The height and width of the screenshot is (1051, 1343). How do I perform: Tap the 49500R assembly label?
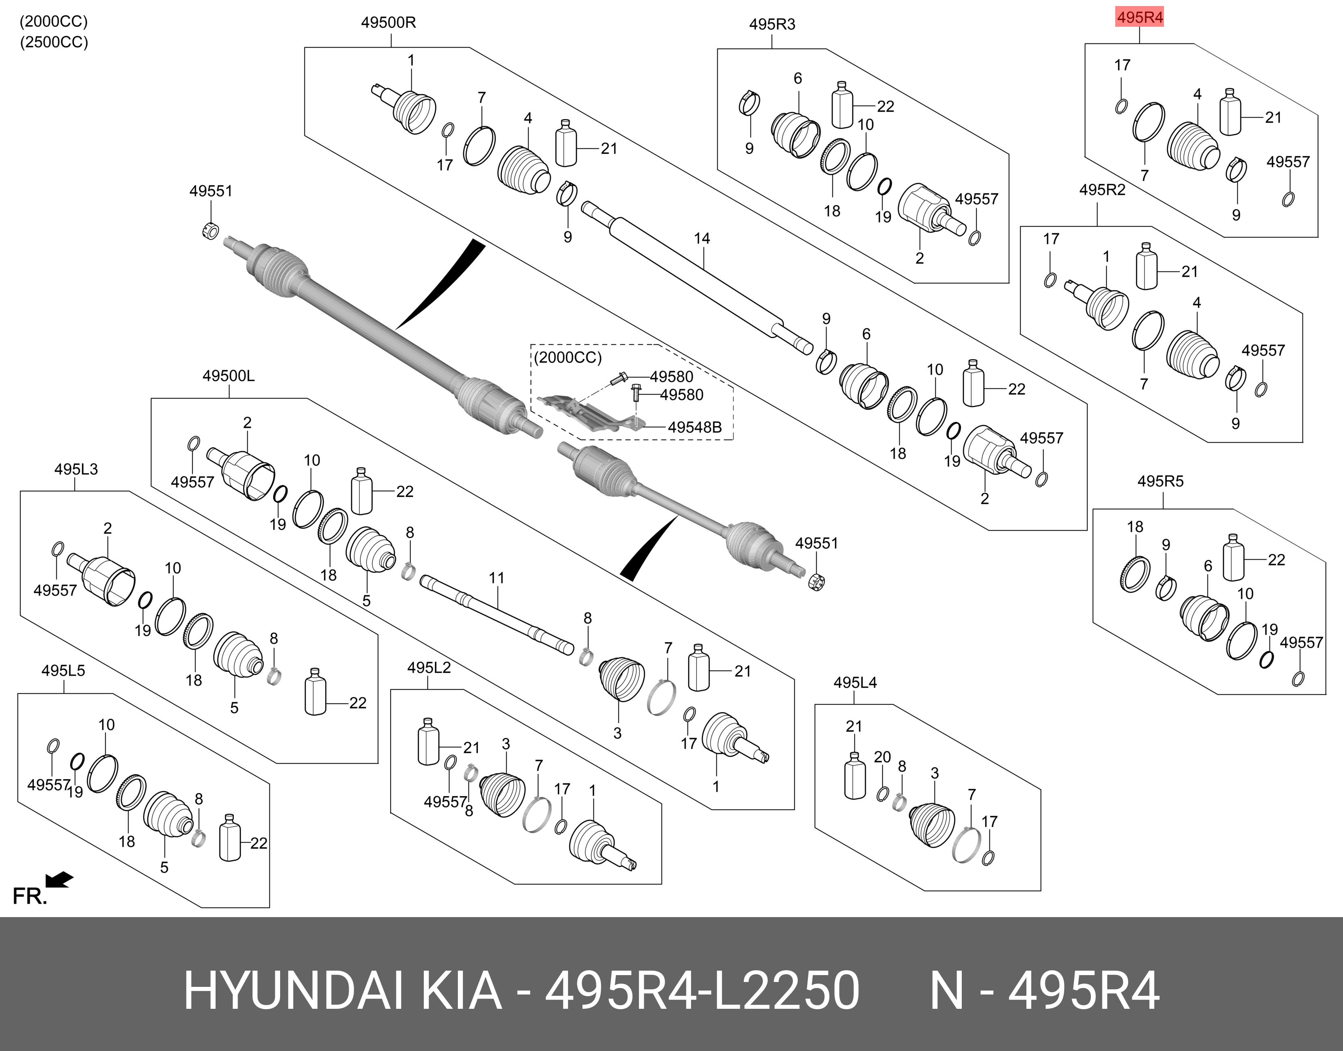click(x=389, y=23)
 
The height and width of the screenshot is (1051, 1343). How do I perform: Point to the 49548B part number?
click(x=694, y=427)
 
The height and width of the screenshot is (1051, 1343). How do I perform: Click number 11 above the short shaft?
click(x=496, y=578)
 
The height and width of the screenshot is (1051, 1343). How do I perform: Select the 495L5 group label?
click(x=63, y=670)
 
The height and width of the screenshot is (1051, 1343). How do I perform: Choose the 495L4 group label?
click(x=855, y=683)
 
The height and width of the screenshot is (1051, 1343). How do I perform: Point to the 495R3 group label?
click(x=772, y=25)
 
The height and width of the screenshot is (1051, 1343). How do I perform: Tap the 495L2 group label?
click(x=429, y=668)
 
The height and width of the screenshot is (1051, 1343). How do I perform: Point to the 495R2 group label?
click(x=1102, y=190)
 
